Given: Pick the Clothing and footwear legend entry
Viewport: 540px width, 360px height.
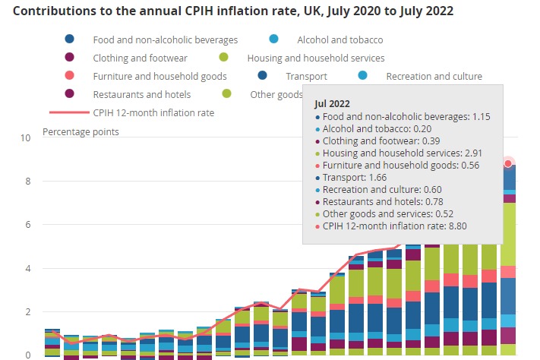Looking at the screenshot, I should (136, 58).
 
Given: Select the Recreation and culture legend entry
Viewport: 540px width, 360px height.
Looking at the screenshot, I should (434, 76).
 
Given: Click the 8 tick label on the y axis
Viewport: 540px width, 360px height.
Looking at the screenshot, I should (28, 182).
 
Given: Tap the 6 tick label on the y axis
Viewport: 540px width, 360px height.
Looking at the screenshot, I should (28, 225).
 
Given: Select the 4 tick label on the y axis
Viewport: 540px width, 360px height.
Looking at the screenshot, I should (28, 268).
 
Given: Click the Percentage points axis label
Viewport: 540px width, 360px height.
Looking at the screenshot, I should (81, 131).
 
